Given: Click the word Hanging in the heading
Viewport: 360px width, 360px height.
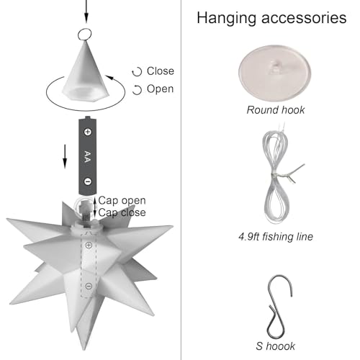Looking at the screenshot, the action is pyautogui.click(x=227, y=19).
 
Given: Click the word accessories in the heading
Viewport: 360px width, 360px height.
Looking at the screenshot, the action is pyautogui.click(x=304, y=18).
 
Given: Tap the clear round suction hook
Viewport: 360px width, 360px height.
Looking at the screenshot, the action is pyautogui.click(x=275, y=73).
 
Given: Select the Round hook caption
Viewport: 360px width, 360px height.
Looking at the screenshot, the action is pyautogui.click(x=276, y=110).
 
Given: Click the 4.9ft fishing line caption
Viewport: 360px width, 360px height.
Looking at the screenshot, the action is pyautogui.click(x=276, y=237).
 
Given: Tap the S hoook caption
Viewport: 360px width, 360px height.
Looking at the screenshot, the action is pyautogui.click(x=276, y=346).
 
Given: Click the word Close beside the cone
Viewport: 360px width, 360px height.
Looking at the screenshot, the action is pyautogui.click(x=161, y=71).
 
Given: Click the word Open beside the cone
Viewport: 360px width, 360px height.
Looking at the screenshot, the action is pyautogui.click(x=160, y=89).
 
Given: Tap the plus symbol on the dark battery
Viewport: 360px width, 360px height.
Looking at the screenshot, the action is pyautogui.click(x=88, y=132).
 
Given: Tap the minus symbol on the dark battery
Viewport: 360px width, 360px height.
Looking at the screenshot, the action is pyautogui.click(x=88, y=181).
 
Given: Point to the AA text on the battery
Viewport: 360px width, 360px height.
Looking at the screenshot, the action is pyautogui.click(x=88, y=157).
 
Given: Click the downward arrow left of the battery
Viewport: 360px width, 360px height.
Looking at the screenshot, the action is pyautogui.click(x=65, y=156).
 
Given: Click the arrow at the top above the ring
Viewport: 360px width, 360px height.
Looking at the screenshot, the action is pyautogui.click(x=86, y=12).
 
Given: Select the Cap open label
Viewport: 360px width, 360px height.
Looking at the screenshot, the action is pyautogui.click(x=122, y=200).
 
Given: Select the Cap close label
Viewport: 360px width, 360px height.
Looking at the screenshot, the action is pyautogui.click(x=122, y=212).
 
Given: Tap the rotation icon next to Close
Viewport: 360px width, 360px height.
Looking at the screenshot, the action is pyautogui.click(x=137, y=72).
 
